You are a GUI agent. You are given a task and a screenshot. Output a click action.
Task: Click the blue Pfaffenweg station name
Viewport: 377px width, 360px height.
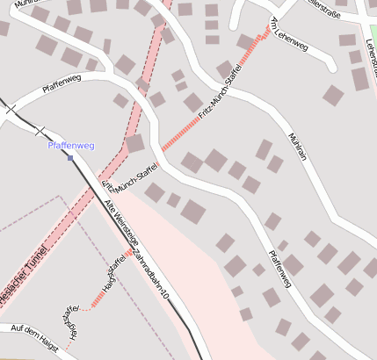(70, 145)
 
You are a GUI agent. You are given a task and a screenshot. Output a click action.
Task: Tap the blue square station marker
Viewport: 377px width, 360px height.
(70, 158)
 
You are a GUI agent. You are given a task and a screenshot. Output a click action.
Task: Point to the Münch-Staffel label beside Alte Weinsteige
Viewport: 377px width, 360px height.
(129, 175)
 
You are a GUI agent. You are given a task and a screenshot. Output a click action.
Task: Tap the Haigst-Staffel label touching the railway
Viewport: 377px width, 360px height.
(112, 272)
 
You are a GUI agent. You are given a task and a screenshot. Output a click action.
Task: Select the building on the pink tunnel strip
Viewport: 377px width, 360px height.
(134, 143)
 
